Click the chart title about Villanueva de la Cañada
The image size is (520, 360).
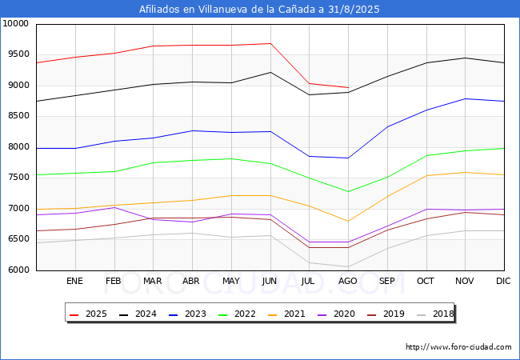(x=259, y=10)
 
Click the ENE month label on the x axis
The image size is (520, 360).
(x=74, y=281)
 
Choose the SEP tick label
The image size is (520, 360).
(x=387, y=281)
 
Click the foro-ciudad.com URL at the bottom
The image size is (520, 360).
(x=458, y=347)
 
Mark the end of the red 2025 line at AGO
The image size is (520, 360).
(x=348, y=87)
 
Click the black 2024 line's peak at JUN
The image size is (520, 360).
(x=270, y=72)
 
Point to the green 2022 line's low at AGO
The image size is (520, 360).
(x=348, y=192)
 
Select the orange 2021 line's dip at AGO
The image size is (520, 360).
(x=348, y=221)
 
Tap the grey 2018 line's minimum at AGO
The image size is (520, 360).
(x=348, y=267)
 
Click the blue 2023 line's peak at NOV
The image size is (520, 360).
(x=465, y=98)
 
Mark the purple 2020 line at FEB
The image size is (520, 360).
(x=114, y=207)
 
